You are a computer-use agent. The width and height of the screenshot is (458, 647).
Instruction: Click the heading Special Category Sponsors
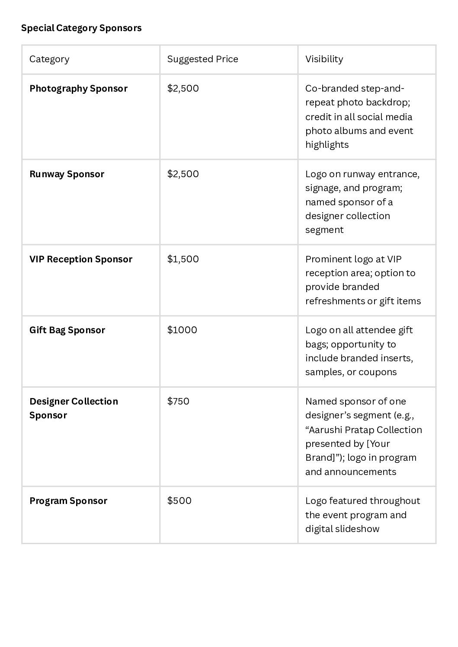point(81,28)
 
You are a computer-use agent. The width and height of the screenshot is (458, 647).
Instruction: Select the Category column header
point(49,59)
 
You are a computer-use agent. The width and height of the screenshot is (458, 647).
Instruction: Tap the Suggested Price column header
point(202,59)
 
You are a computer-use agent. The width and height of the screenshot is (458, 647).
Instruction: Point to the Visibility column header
point(324,59)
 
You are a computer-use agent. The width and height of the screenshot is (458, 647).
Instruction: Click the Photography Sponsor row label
point(78,89)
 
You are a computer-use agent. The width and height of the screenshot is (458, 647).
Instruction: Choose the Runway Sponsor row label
point(67,174)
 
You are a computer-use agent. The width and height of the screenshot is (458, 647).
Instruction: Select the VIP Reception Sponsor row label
point(81,259)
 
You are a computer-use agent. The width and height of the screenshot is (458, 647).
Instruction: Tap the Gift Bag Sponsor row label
point(67,330)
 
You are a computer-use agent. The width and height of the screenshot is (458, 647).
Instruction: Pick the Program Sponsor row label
point(68,501)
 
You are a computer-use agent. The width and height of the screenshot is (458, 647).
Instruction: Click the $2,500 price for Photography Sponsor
point(183,89)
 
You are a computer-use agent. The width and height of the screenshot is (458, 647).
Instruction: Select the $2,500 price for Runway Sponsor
point(183,174)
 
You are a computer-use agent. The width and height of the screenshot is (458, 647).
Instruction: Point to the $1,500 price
point(183,259)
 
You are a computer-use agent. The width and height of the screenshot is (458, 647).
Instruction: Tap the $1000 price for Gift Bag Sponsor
point(182,330)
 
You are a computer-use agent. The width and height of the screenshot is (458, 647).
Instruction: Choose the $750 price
point(178,402)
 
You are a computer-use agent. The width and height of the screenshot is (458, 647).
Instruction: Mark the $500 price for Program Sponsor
point(179,501)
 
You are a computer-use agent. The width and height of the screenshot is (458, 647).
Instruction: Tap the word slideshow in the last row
point(360,529)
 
